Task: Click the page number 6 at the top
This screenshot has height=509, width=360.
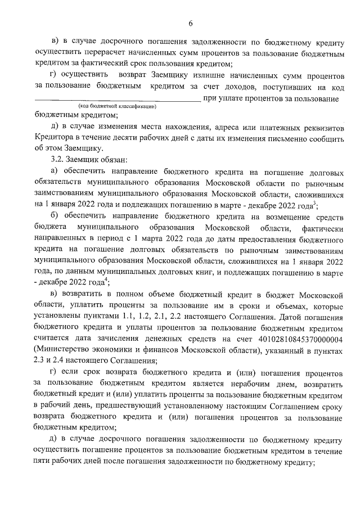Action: (190, 23)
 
